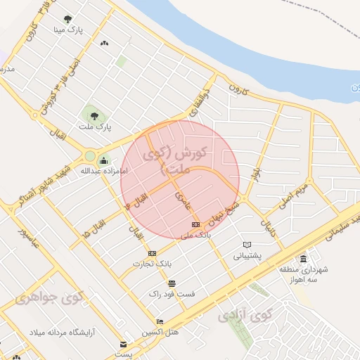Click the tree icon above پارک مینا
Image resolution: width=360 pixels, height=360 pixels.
coord(67,20)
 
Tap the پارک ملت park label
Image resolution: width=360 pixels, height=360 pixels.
coord(96,127)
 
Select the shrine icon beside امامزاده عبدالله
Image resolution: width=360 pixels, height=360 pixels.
coord(104,160)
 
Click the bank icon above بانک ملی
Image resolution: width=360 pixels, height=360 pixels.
coord(195,224)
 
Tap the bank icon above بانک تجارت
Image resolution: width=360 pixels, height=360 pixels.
coord(152,253)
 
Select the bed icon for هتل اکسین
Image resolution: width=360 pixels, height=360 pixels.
coord(160,322)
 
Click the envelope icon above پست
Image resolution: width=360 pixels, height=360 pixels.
coord(124,345)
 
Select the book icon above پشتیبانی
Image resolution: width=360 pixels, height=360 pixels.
coord(246,245)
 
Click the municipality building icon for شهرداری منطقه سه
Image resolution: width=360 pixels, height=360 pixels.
coord(303,258)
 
